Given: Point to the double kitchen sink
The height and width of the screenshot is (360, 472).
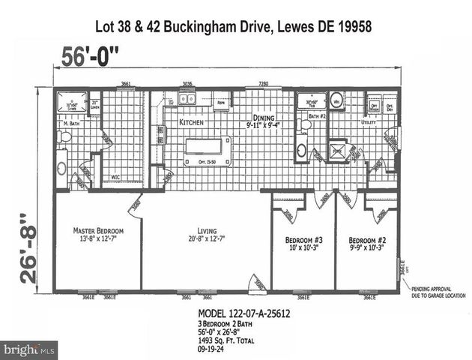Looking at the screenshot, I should pos(187,98).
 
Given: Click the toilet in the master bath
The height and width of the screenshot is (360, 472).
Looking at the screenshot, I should pos(65,137).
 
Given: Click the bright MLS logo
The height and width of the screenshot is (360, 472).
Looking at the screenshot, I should pos(29,349).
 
